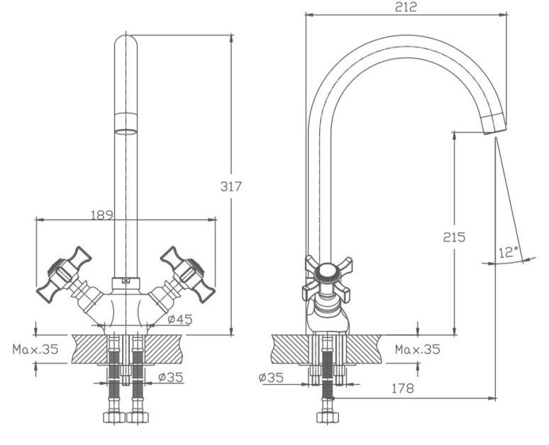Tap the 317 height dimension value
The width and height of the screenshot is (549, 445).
point(232,186)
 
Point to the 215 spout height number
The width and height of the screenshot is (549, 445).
point(454,237)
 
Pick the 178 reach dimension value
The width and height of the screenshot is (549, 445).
point(401,388)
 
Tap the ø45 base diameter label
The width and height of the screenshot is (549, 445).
point(181,320)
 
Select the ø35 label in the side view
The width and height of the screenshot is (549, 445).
point(272,378)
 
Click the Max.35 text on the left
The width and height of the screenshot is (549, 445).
point(35,349)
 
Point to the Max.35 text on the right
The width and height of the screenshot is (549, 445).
point(417,349)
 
